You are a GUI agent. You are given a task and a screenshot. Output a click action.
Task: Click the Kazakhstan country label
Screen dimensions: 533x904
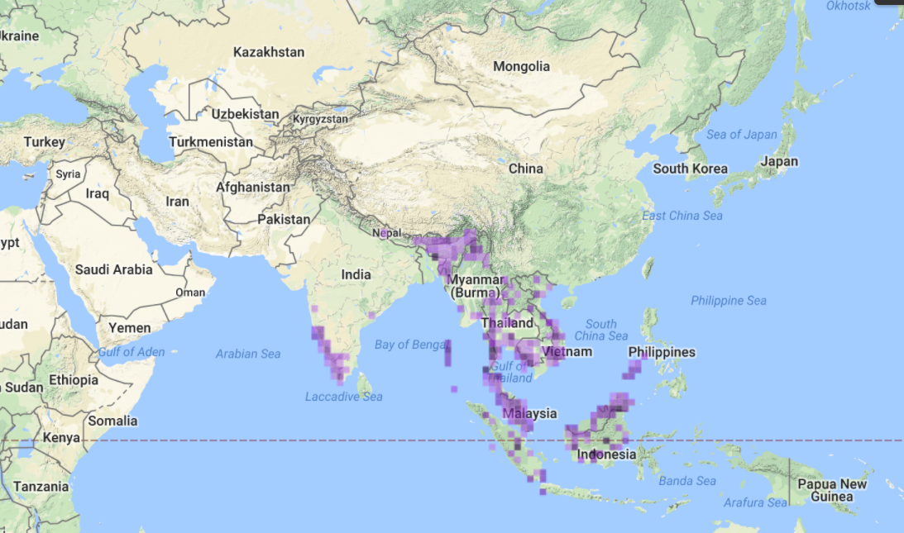click(269, 52)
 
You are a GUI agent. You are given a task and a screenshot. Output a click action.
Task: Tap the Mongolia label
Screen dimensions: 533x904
click(521, 67)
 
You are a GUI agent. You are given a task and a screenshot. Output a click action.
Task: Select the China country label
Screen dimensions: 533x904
click(526, 169)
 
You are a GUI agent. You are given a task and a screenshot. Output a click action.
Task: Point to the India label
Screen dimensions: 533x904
click(356, 274)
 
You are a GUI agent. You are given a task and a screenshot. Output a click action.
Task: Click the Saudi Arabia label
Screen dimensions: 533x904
click(114, 269)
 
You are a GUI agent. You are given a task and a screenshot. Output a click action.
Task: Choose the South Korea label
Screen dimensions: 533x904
click(690, 169)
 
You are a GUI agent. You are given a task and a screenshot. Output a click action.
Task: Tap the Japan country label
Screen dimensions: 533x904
click(779, 162)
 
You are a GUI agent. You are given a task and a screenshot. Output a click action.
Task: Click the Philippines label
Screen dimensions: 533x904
click(662, 352)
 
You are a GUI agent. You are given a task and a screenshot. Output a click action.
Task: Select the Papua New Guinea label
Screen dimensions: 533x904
click(831, 490)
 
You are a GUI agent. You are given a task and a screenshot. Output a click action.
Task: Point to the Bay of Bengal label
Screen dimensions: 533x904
click(411, 345)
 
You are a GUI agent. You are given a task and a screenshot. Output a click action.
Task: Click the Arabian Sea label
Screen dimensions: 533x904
click(248, 354)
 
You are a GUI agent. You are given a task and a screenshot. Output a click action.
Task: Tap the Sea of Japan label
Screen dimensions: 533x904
click(742, 135)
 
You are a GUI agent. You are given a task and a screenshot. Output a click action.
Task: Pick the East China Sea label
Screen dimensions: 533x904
click(682, 216)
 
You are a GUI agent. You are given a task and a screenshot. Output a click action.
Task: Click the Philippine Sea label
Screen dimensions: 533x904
click(729, 301)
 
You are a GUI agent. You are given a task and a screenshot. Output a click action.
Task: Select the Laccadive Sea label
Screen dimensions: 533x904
click(344, 397)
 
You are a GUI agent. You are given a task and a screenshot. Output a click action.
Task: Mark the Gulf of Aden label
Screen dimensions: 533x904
click(132, 352)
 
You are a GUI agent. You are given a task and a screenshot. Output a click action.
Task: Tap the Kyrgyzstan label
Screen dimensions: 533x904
click(320, 120)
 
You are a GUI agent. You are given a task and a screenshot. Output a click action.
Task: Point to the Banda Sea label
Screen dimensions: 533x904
click(687, 481)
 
